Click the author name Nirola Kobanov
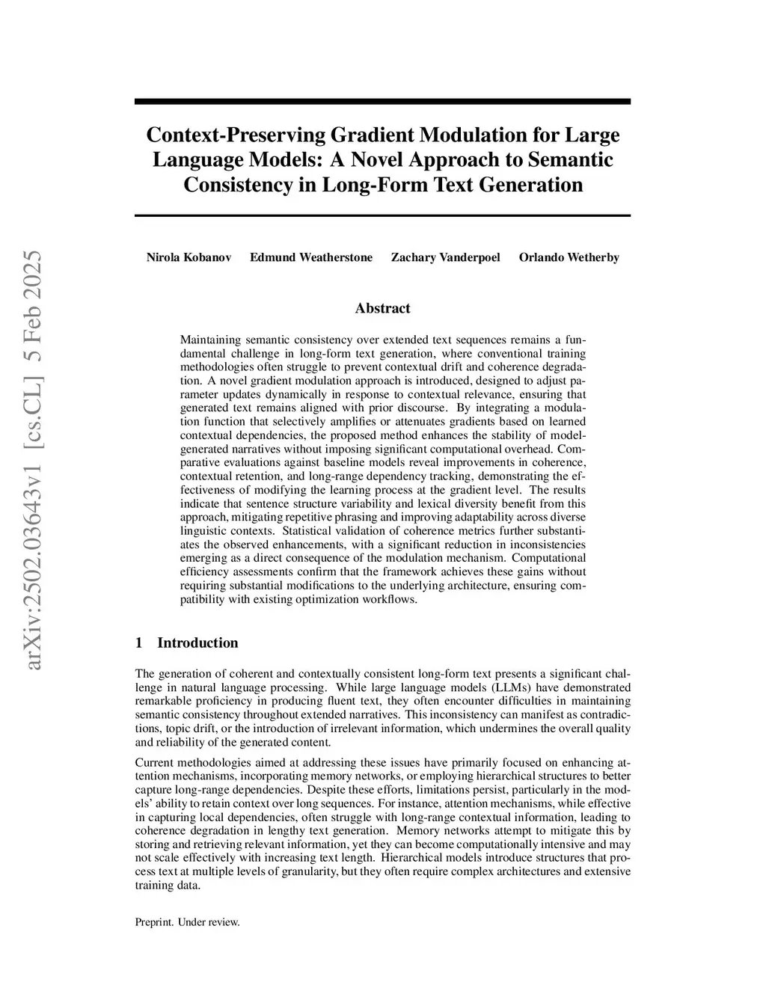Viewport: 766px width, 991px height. click(189, 258)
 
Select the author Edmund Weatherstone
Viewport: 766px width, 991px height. click(310, 258)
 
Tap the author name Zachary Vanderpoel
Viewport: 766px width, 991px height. click(445, 258)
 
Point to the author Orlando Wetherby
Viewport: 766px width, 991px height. click(569, 258)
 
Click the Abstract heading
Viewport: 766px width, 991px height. click(382, 308)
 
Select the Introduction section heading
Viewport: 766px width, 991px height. click(197, 643)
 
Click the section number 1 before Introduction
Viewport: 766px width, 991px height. click(138, 643)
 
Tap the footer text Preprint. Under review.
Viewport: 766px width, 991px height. click(187, 922)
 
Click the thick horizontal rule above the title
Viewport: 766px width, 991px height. click(382, 102)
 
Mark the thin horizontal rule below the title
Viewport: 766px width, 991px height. click(382, 215)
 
